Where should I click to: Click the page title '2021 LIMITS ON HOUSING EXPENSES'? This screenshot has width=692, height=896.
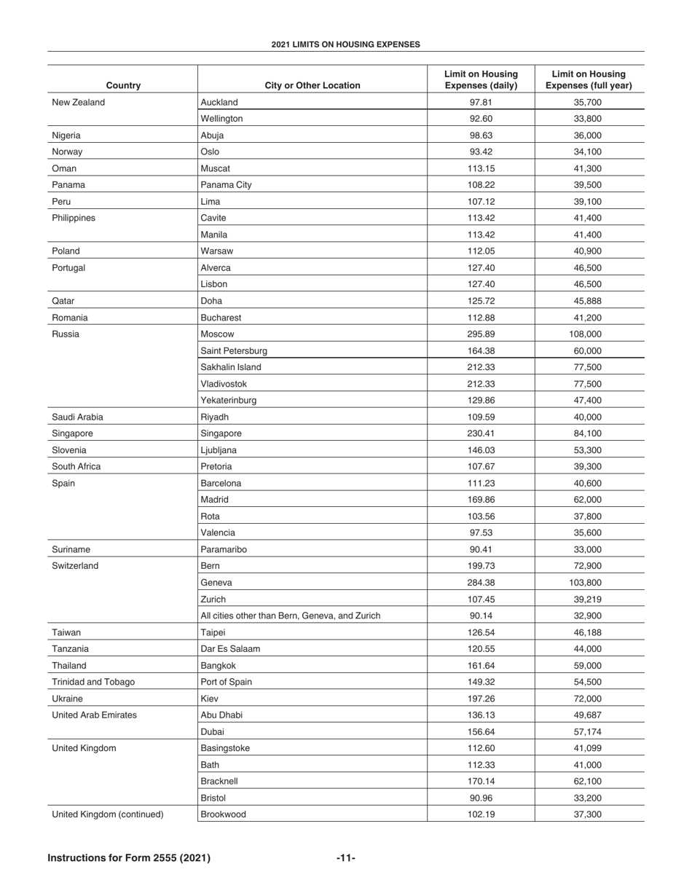(345, 44)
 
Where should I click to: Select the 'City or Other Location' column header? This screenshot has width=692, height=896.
(312, 85)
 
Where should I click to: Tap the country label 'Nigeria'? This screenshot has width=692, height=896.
(66, 135)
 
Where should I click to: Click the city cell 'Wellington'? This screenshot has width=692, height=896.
(221, 119)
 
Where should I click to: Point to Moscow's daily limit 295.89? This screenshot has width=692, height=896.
(481, 334)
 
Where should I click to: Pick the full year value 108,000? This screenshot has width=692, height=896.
(589, 334)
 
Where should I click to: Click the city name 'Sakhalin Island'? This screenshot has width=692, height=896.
(230, 367)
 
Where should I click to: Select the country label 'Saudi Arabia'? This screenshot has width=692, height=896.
(77, 417)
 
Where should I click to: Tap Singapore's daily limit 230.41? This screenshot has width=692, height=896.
(481, 433)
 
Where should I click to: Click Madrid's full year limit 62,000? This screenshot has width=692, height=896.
(589, 500)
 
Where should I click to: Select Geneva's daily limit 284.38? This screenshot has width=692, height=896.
(481, 583)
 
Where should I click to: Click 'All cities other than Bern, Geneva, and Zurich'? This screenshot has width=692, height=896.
(290, 616)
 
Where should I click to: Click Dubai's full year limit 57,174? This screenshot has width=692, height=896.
(589, 732)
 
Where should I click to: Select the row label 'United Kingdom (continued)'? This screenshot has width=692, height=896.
(108, 814)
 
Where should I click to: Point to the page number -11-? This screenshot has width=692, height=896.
(346, 858)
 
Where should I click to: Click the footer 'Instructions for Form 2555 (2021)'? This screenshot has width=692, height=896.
(129, 858)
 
